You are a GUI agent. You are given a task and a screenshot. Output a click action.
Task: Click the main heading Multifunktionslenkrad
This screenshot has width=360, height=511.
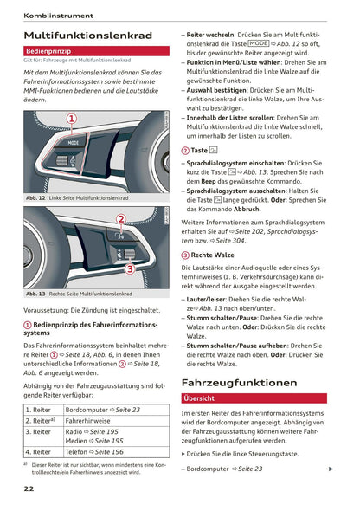(88, 36)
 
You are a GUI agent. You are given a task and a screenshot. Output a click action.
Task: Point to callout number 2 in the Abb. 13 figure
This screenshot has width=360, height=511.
(122, 220)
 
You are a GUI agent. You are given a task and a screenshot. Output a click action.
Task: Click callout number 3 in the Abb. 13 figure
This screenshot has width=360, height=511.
(129, 269)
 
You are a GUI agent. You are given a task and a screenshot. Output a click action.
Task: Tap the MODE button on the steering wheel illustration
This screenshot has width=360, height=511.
(74, 142)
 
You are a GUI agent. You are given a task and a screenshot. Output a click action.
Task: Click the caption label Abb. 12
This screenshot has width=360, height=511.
(36, 198)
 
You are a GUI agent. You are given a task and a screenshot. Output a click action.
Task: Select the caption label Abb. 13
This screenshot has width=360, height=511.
(36, 294)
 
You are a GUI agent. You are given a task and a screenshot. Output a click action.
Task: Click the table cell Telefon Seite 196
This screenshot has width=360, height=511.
(94, 451)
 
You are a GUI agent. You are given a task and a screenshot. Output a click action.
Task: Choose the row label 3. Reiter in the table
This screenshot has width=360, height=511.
(40, 430)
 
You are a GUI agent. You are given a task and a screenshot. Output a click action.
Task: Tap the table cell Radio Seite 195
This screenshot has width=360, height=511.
(93, 430)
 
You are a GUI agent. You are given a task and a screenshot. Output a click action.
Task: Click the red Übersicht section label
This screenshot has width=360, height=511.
(200, 398)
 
